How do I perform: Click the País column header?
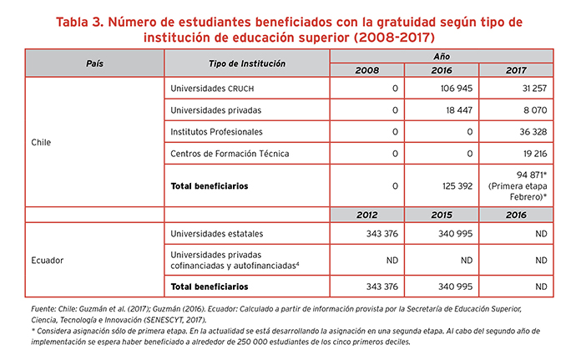click(95, 63)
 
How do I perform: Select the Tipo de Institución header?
click(247, 63)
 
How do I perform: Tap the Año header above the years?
click(442, 56)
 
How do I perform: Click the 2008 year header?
click(367, 70)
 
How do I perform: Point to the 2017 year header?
click(516, 70)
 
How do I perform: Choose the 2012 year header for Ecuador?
click(367, 215)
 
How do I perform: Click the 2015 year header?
click(442, 215)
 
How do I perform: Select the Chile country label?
click(41, 142)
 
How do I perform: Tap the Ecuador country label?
click(47, 261)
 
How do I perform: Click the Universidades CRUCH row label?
click(212, 89)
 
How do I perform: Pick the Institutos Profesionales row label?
click(216, 132)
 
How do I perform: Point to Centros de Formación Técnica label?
click(230, 154)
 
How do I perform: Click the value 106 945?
click(457, 89)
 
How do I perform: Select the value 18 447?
click(459, 110)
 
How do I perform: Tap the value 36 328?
click(533, 132)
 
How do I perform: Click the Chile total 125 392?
click(457, 186)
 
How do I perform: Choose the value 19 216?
click(535, 154)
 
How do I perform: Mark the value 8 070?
click(535, 110)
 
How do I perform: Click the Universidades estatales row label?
click(217, 234)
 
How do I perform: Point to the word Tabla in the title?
click(72, 22)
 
